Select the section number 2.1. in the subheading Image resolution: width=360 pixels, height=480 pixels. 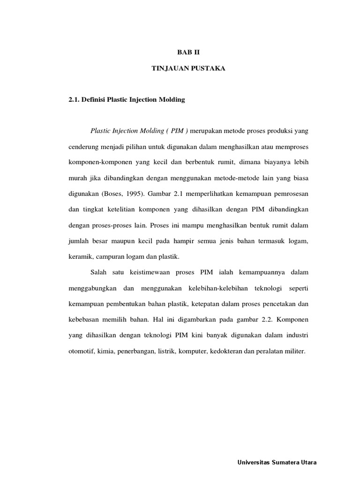pyautogui.click(x=75, y=100)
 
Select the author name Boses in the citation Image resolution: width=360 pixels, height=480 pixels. pyautogui.click(x=110, y=194)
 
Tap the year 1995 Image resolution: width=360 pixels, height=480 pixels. pyautogui.click(x=133, y=194)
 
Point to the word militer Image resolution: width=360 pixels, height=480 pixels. pyautogui.click(x=294, y=351)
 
